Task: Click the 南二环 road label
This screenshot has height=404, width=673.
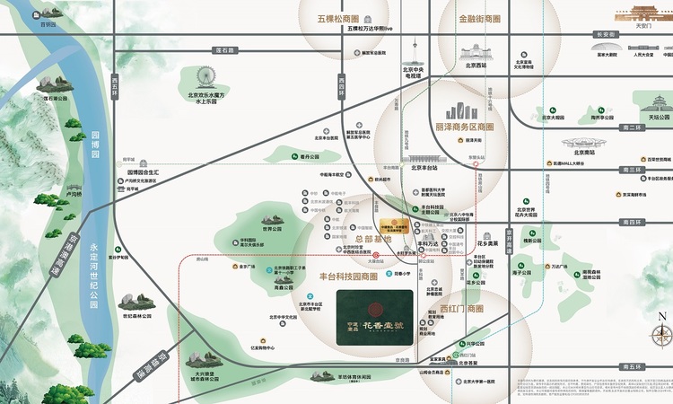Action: [x=632, y=127]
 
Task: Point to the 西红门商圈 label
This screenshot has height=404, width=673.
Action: [x=462, y=309]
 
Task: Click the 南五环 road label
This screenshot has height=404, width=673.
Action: [x=634, y=365]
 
